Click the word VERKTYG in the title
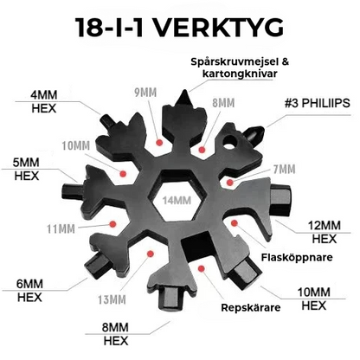(x=220, y=28)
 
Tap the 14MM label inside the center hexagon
(x=177, y=200)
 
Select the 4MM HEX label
(x=44, y=101)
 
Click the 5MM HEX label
(x=26, y=169)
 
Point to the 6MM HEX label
(x=29, y=291)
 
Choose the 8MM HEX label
(x=115, y=334)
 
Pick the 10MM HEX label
(x=314, y=299)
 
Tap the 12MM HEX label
(x=325, y=232)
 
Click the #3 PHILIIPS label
(x=318, y=103)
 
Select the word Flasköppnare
(x=297, y=257)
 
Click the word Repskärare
(x=251, y=307)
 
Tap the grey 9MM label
(x=145, y=93)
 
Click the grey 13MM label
(x=112, y=300)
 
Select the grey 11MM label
(x=61, y=229)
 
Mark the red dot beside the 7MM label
(x=229, y=183)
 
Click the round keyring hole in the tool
(x=229, y=143)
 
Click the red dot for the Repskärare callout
(x=202, y=269)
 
